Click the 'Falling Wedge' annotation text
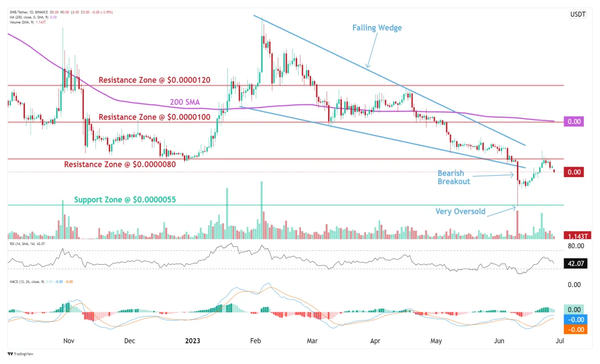[x=377, y=28]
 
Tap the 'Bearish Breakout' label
[x=453, y=177]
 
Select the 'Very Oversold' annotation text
[x=460, y=212]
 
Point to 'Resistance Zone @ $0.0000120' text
[x=154, y=80]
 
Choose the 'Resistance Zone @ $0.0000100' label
[x=154, y=117]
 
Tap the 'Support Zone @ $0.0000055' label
[x=125, y=200]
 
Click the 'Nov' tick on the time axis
[x=69, y=340]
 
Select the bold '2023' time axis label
[x=193, y=340]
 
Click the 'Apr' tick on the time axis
[x=375, y=340]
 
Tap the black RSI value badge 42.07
[x=574, y=263]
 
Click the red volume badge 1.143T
[x=574, y=236]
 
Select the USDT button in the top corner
[x=577, y=14]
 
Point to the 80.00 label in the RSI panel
[x=575, y=245]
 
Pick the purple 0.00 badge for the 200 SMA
[x=574, y=121]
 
